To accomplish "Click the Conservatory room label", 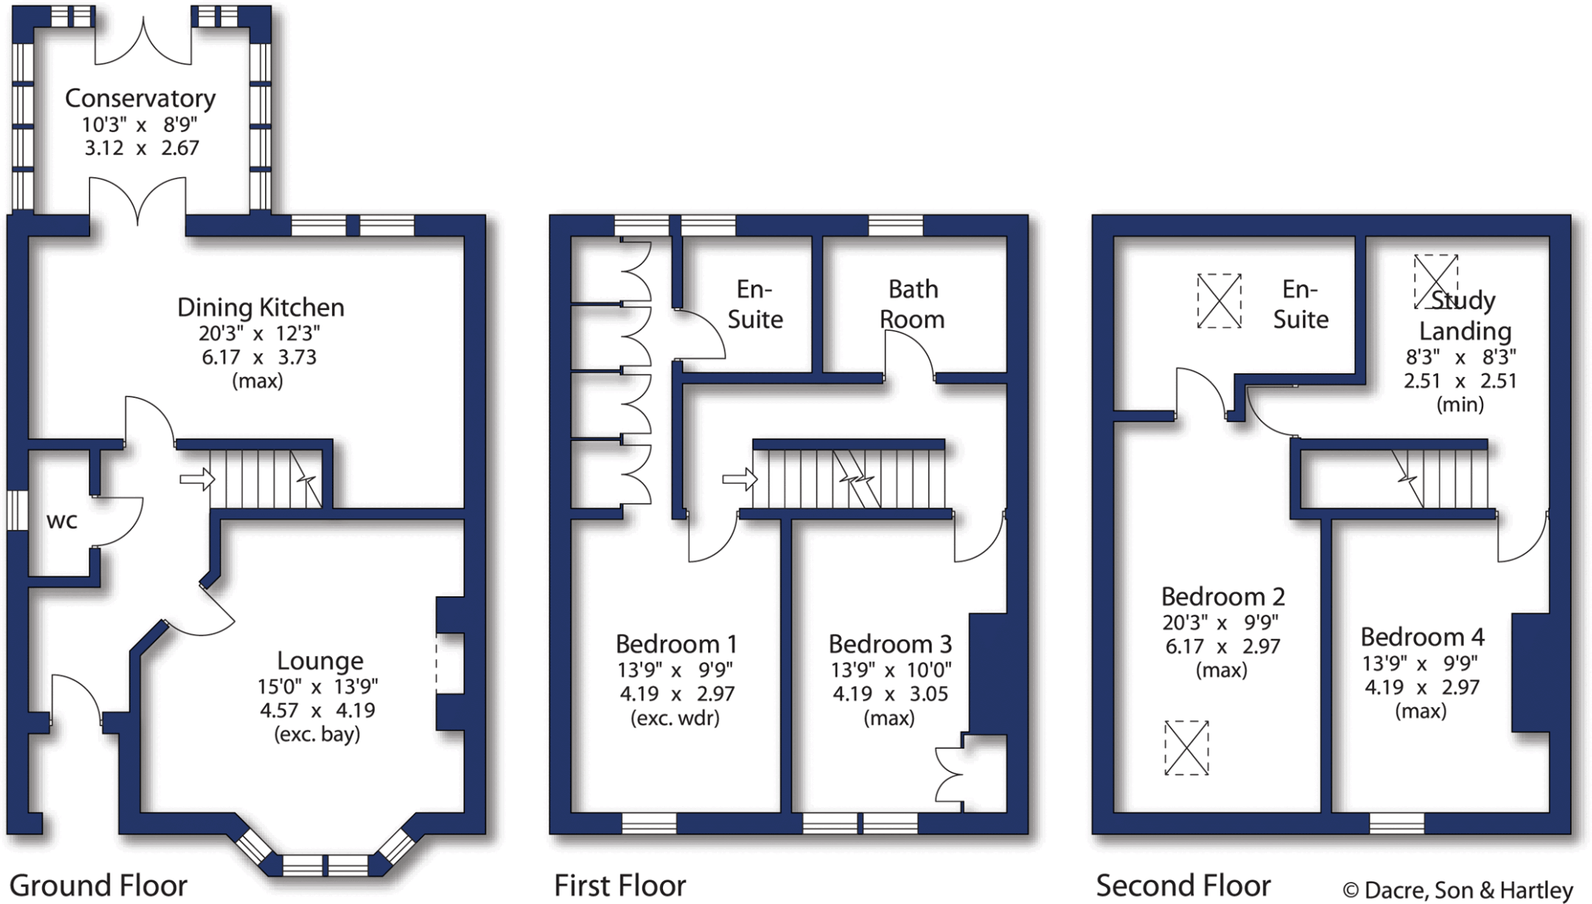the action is [x=140, y=99].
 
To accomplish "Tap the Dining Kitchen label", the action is [x=260, y=308].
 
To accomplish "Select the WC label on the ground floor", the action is [x=62, y=521].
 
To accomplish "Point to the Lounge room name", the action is [x=320, y=661].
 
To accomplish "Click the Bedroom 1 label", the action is [x=676, y=644].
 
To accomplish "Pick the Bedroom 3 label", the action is [x=889, y=644].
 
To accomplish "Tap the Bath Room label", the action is [x=913, y=304].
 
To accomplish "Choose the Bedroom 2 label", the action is [x=1222, y=597].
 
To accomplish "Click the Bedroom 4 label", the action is [x=1422, y=637].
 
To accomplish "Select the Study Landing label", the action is [x=1465, y=316].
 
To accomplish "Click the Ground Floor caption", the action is [x=98, y=886].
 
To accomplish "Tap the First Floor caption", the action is [x=620, y=886].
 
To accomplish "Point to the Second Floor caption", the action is [x=1183, y=886].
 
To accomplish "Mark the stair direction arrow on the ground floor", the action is [x=197, y=479].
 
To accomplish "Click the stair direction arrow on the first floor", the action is [x=739, y=479].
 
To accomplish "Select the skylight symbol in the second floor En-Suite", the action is [x=1219, y=301].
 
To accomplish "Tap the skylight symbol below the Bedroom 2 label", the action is [x=1186, y=748].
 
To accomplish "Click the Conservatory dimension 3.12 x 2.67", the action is [x=141, y=148].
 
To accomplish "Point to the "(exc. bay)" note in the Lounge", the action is [x=317, y=735].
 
